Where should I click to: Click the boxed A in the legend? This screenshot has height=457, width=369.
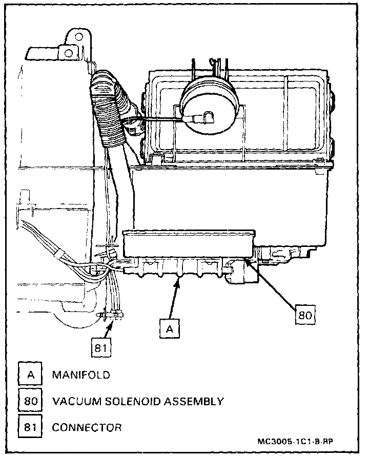(30, 375)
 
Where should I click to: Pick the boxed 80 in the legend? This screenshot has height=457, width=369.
(30, 401)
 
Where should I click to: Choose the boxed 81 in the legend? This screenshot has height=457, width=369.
(30, 427)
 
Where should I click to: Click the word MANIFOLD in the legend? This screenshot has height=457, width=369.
(81, 375)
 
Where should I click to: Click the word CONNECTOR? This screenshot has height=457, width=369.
(87, 427)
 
